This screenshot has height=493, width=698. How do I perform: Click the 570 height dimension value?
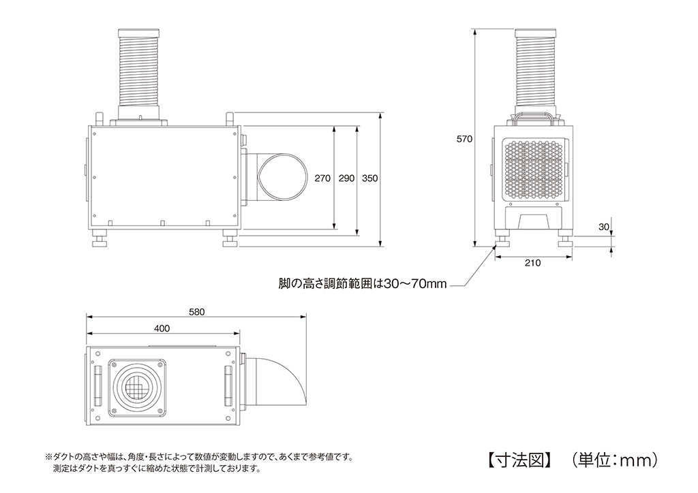464,139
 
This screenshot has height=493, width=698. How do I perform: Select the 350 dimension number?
370,178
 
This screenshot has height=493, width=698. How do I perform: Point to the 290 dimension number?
346,178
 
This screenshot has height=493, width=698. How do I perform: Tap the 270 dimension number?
323,178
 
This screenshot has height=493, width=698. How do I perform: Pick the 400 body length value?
162,328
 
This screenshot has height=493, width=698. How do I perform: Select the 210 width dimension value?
534,264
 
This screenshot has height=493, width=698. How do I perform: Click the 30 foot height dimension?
603,227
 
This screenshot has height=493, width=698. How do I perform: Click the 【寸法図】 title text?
519,460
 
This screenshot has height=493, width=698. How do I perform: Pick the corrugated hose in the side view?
140,71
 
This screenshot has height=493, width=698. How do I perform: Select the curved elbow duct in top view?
279,383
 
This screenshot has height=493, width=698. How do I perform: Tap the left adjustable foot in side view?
101,242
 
